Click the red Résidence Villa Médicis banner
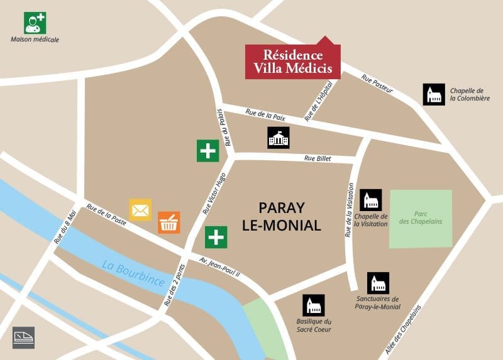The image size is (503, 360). click(292, 62)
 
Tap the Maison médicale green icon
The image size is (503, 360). click(35, 23)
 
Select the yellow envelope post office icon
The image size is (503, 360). click(140, 210)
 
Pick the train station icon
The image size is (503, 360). click(23, 337)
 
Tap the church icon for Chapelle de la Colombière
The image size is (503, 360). click(433, 94)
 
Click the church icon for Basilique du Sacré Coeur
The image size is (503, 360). click(313, 305)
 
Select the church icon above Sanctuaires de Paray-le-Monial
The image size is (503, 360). click(378, 283)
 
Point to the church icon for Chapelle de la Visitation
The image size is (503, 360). click(370, 200)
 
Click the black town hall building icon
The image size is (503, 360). click(278, 138)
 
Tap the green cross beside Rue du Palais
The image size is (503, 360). click(207, 151)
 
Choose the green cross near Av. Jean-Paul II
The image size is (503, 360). click(216, 237)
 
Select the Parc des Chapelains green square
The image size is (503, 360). click(421, 218)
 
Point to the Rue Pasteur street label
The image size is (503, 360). click(377, 84)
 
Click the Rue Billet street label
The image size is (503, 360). click(317, 158)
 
